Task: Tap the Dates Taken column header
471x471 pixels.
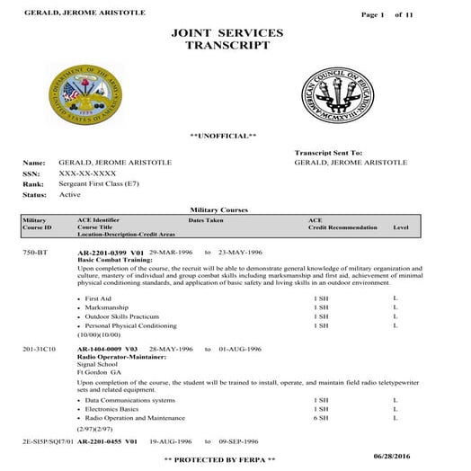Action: (207, 219)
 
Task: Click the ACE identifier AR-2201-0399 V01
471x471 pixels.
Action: (111, 253)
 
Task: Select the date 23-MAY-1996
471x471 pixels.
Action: (243, 253)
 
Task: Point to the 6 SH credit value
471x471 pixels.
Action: (321, 418)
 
